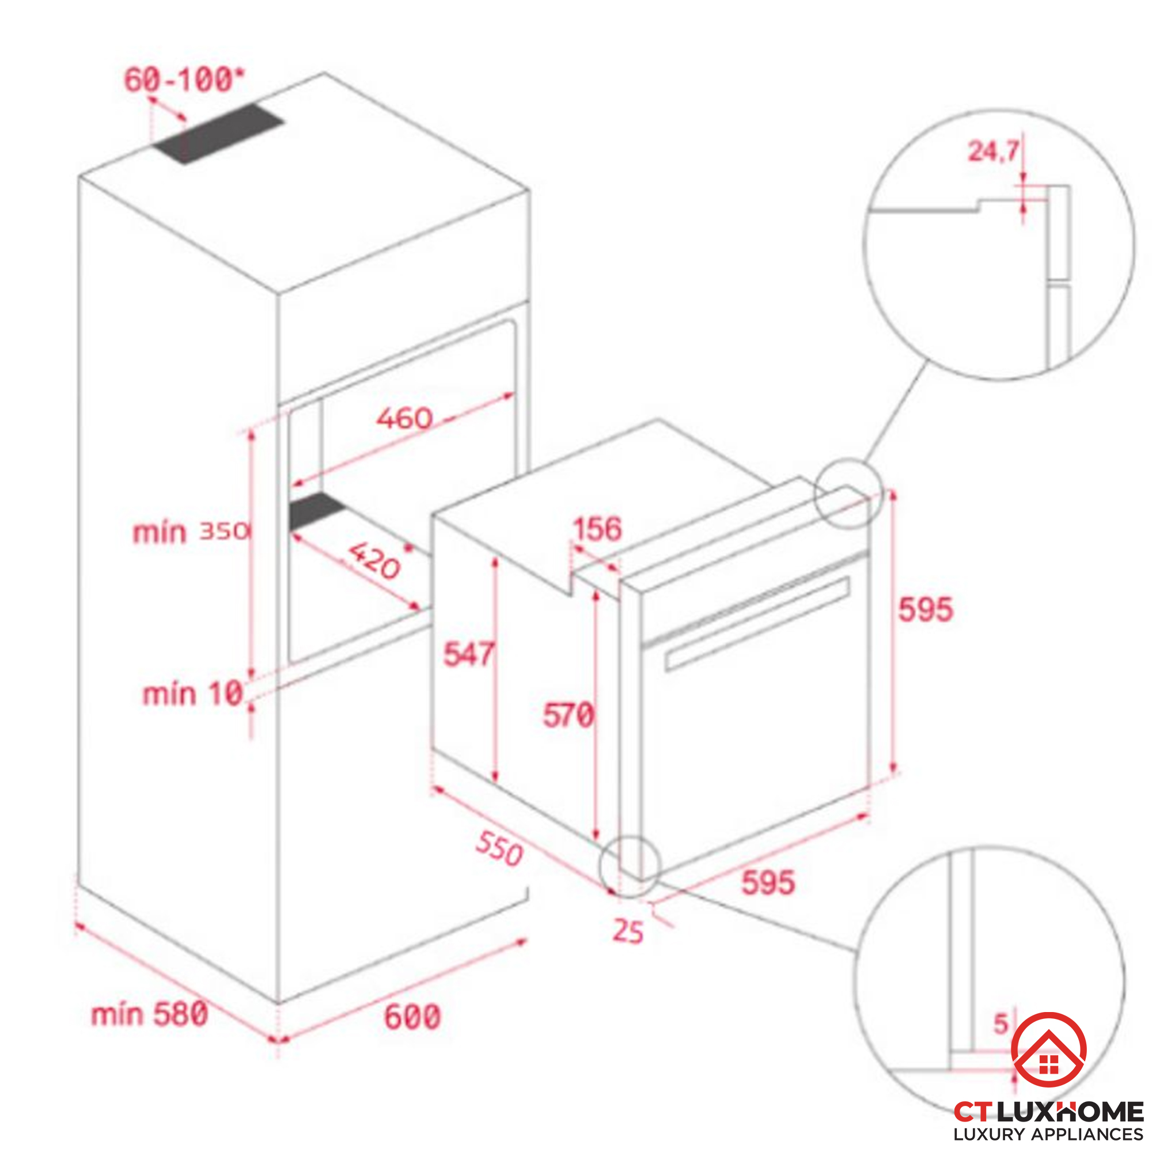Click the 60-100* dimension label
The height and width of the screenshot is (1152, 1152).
pos(184,80)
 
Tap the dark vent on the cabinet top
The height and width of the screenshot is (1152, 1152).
pos(218,134)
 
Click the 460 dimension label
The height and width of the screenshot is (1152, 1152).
pos(404,418)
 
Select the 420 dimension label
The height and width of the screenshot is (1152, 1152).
pos(374,560)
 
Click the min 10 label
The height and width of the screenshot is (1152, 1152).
pos(192,694)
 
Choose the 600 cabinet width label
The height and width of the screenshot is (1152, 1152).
pos(412,1017)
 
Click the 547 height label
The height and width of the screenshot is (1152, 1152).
pos(468,654)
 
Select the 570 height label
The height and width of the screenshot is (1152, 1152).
pos(568,715)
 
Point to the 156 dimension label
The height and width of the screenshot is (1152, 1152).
pos(597,529)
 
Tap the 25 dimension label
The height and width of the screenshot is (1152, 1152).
pos(628,932)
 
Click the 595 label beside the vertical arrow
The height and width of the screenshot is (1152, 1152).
pos(926,609)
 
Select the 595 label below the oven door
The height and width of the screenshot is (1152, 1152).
pos(768,882)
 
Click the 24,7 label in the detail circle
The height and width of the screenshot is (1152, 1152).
pos(993,151)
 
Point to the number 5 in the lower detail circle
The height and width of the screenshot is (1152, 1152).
pos(1001,1024)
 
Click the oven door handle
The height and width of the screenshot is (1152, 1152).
pos(757,623)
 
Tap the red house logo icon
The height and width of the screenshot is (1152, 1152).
pos(1049,1050)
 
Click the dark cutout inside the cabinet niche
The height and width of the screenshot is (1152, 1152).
pos(316,510)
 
